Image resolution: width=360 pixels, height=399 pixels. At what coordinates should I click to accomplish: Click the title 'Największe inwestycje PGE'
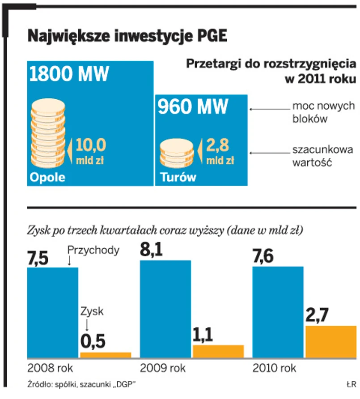click(127, 36)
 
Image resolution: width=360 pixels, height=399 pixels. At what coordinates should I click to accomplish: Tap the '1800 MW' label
click(69, 74)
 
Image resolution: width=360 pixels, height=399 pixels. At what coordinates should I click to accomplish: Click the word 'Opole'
click(47, 177)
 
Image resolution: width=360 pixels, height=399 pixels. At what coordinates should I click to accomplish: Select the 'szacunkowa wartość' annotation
click(322, 156)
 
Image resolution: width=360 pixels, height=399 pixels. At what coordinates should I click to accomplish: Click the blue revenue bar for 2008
click(53, 313)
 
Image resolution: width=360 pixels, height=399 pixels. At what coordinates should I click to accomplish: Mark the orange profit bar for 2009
click(218, 352)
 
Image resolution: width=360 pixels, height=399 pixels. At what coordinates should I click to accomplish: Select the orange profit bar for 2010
click(330, 342)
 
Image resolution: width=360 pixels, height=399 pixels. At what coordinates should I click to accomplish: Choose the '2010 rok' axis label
click(274, 369)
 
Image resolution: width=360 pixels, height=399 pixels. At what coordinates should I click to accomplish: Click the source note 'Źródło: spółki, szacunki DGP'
click(81, 384)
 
